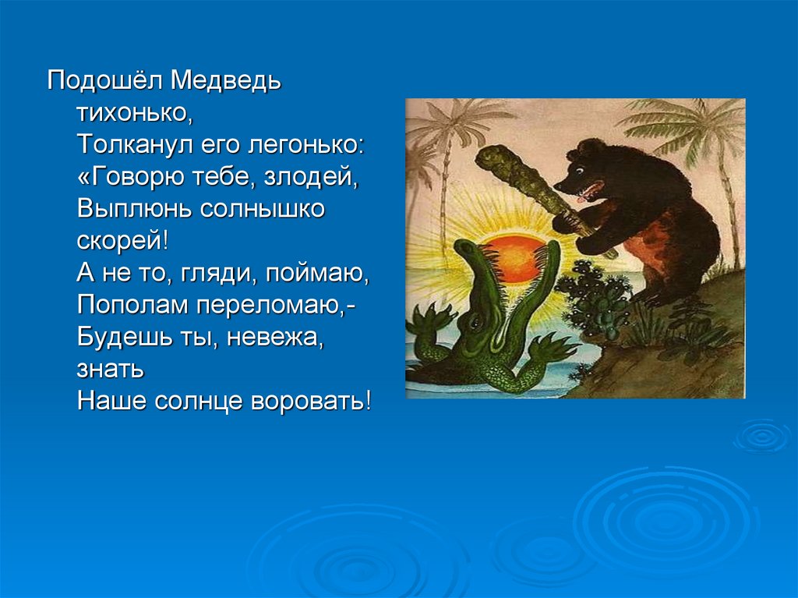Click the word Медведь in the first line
225,81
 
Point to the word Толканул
135,145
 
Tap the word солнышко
261,210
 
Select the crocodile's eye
475,322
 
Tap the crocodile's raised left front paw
430,321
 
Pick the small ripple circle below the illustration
762,437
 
